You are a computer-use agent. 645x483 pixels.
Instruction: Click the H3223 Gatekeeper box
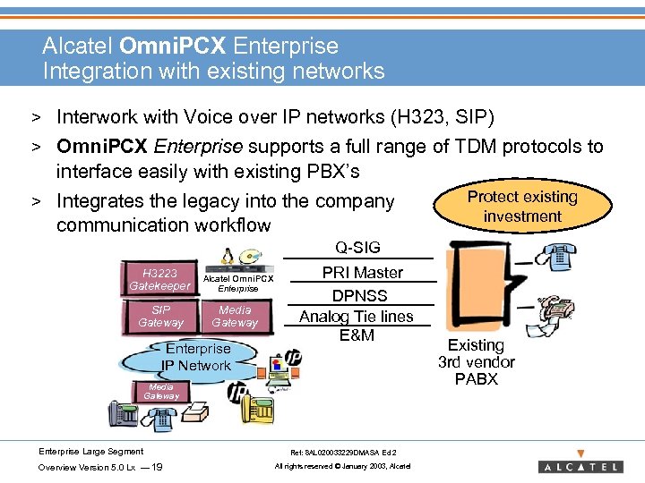[x=159, y=279]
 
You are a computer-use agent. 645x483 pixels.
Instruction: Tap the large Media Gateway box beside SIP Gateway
[x=235, y=316]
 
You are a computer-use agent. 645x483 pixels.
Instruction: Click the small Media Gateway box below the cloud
[x=161, y=391]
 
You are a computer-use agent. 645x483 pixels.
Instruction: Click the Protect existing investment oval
[x=521, y=207]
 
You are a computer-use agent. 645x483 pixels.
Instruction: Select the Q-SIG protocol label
[x=357, y=248]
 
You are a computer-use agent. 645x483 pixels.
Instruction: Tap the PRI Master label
[x=362, y=273]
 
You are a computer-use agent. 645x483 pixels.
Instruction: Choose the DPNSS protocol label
[x=359, y=295]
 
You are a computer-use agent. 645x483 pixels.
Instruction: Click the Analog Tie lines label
[x=356, y=316]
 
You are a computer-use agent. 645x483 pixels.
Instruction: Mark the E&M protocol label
[x=357, y=335]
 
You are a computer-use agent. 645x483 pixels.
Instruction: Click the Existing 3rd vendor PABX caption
[x=476, y=361]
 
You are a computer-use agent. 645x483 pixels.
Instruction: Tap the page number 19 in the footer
[x=157, y=467]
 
